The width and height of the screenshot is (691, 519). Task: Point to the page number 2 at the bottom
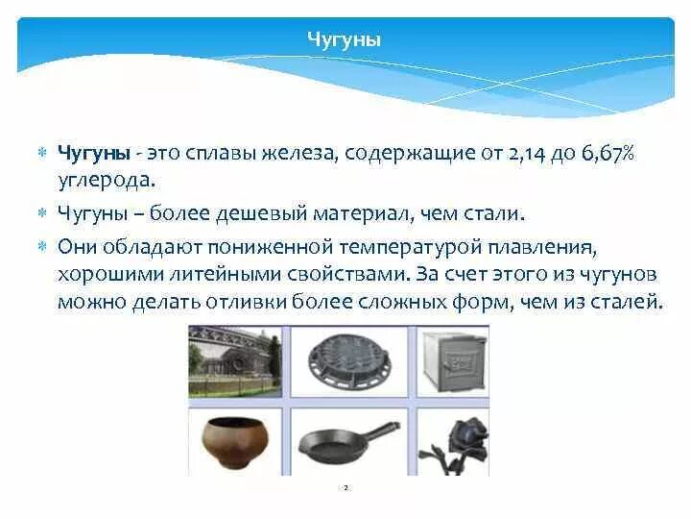click(345, 488)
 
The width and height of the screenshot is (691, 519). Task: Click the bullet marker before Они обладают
click(42, 247)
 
